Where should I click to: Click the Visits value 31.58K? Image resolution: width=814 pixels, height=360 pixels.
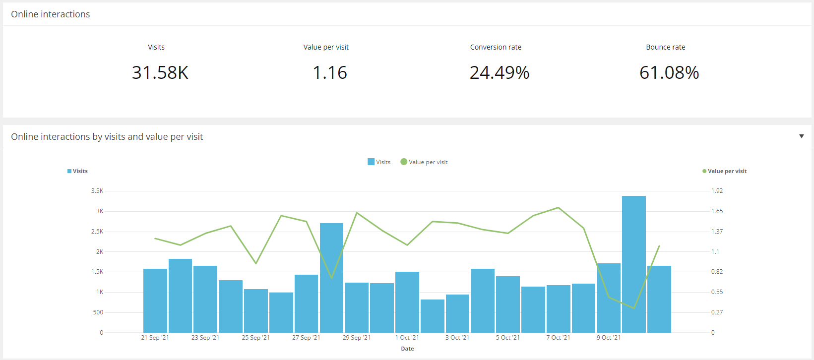[160, 73]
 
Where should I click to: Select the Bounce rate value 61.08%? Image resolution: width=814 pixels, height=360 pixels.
[669, 73]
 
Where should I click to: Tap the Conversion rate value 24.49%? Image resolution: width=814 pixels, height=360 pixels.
[499, 73]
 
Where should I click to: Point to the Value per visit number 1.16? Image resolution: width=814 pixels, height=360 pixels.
[329, 73]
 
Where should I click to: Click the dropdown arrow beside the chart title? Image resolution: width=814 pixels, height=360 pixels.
[801, 136]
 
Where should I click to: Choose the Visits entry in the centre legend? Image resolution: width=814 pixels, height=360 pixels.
[379, 162]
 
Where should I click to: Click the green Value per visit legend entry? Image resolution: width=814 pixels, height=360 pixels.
[424, 162]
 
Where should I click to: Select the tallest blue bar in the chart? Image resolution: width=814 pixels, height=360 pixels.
[633, 264]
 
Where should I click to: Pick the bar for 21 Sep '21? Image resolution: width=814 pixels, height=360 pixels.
[155, 300]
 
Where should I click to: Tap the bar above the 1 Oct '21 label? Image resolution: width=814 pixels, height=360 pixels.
[407, 302]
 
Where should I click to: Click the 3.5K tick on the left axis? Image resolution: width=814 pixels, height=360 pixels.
[97, 191]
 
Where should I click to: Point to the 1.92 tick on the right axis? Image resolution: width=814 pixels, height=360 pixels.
[717, 191]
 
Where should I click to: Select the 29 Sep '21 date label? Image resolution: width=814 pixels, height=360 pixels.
[356, 338]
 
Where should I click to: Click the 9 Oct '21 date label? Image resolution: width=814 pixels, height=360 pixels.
[608, 338]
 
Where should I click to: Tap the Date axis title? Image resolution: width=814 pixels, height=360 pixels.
[407, 349]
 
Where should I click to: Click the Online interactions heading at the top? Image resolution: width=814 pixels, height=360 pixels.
[51, 14]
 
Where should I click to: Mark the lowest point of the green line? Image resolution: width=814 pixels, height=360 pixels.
[634, 308]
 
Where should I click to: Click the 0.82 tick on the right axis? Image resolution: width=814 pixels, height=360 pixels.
[717, 272]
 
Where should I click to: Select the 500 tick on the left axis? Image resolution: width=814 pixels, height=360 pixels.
[98, 312]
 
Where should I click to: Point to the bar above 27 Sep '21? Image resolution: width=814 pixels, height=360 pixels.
[306, 303]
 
